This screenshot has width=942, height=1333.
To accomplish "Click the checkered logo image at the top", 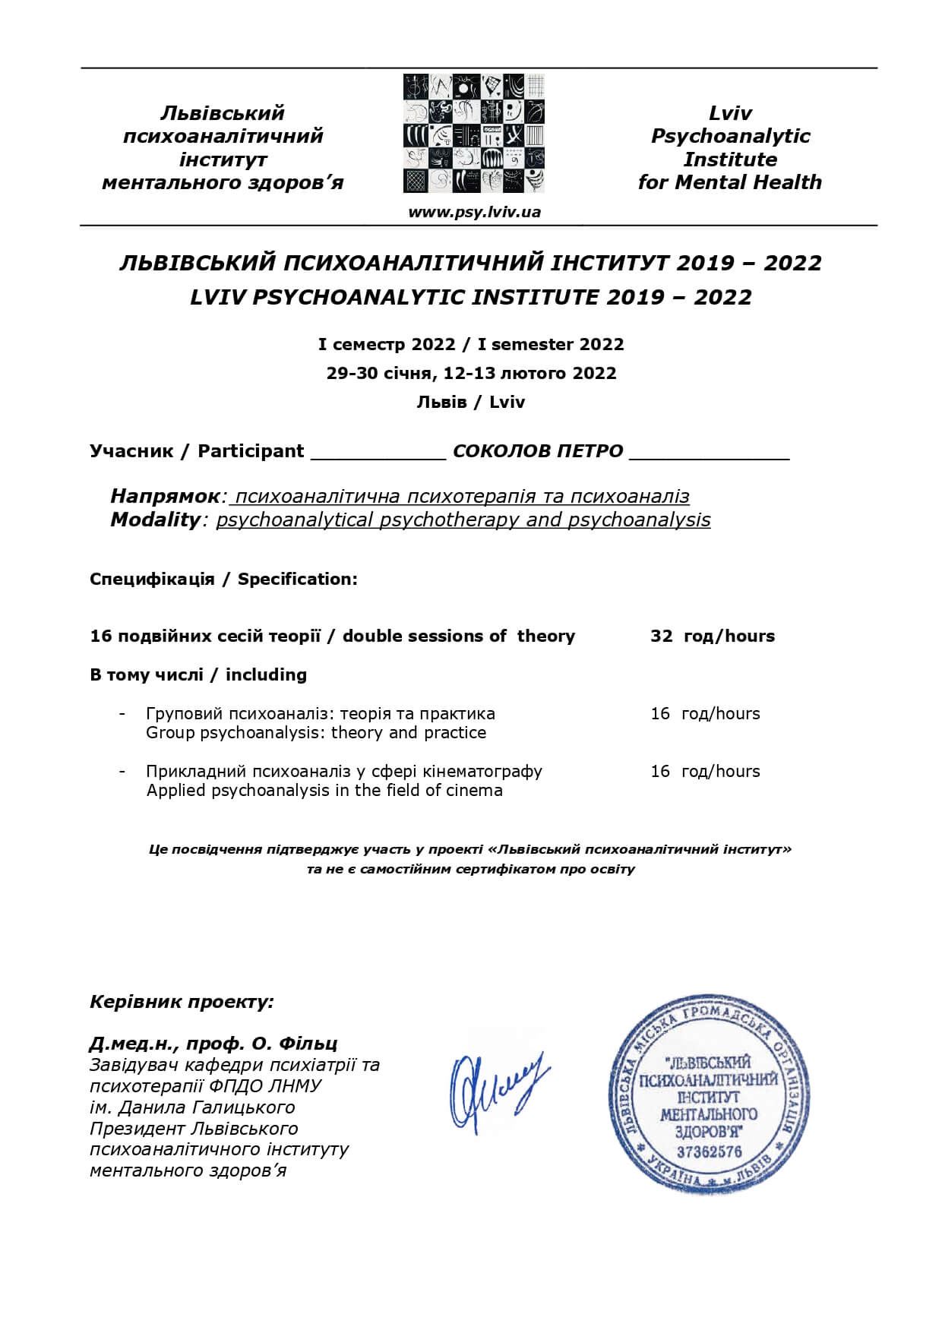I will coord(474,134).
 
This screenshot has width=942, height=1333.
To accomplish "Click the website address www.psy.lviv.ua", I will coord(474,212).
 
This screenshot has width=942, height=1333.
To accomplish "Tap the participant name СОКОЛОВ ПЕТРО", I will coord(538,451).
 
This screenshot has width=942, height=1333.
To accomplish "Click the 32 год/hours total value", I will coord(712,636).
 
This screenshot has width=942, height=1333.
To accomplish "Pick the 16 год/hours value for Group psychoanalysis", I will coord(704,714).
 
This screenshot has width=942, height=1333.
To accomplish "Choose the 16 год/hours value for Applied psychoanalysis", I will coord(704,772).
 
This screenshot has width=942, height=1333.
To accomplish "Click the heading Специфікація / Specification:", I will coord(223,580).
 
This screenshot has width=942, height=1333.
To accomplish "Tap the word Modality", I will coord(155,520).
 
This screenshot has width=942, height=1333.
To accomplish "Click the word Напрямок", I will coord(165,497).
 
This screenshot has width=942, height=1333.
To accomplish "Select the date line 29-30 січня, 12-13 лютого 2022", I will coord(471,374).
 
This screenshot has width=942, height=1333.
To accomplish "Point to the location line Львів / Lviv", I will coord(471,403).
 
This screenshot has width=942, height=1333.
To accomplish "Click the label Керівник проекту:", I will coord(182,1002).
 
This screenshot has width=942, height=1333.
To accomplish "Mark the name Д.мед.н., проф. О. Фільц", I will coord(213,1044).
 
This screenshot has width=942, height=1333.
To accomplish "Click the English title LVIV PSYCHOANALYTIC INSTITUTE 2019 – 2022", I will coord(471,297).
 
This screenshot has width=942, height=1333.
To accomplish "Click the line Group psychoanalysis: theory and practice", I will coord(316,733).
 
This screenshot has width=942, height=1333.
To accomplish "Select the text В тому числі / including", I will coord(198,675).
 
